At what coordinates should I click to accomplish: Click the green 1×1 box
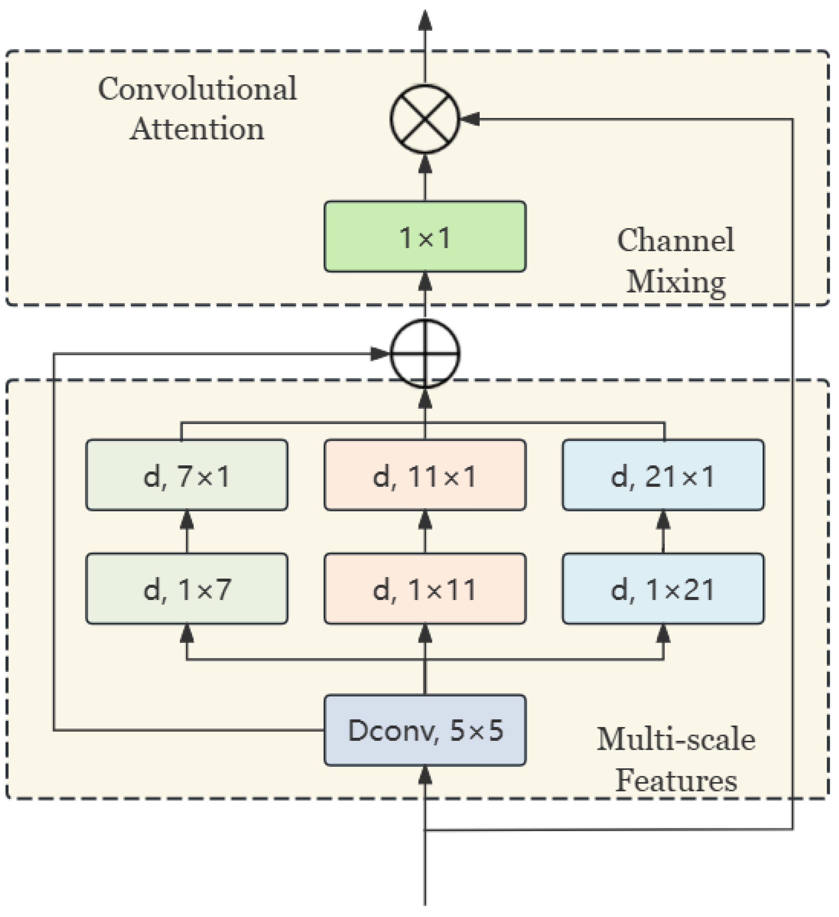425,237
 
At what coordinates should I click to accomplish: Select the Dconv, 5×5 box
425,731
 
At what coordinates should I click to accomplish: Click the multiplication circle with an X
425,119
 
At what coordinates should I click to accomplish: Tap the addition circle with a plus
425,354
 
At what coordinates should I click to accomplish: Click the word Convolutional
197,89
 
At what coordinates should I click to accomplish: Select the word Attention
197,129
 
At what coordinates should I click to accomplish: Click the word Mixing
675,282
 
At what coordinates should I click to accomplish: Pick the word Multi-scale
676,740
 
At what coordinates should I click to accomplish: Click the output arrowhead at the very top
425,21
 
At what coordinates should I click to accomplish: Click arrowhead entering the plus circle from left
380,354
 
